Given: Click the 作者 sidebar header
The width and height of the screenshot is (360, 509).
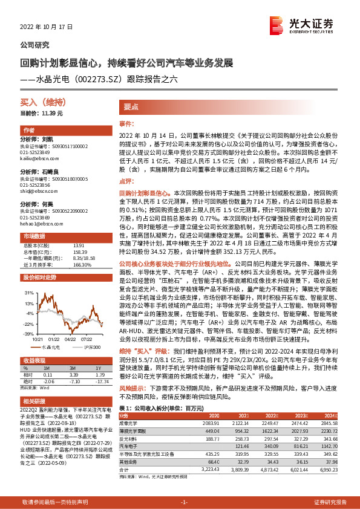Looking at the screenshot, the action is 29,130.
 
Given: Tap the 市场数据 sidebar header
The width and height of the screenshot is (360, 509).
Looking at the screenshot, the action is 34,235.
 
